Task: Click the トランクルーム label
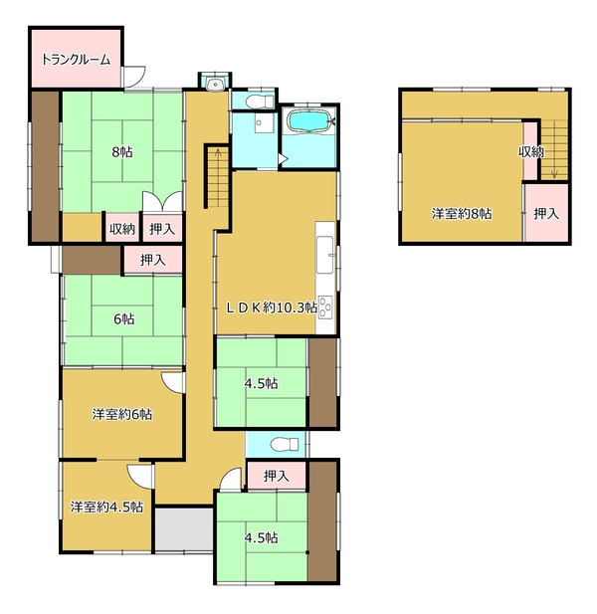[x=76, y=60]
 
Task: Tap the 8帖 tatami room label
[x=122, y=151]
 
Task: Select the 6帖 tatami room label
[x=123, y=319]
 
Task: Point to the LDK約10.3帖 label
[x=272, y=307]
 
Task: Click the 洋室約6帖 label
[x=122, y=414]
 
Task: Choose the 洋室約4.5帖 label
[x=106, y=507]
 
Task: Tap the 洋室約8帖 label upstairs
[x=462, y=213]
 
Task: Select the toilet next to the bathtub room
[x=260, y=102]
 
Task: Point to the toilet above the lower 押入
[x=285, y=445]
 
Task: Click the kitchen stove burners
[x=325, y=307]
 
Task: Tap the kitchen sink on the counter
[x=325, y=255]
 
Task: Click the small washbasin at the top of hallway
[x=215, y=84]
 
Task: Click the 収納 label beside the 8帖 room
[x=122, y=229]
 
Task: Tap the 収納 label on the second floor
[x=531, y=152]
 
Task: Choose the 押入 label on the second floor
[x=546, y=213]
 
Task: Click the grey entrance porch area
[x=184, y=529]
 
